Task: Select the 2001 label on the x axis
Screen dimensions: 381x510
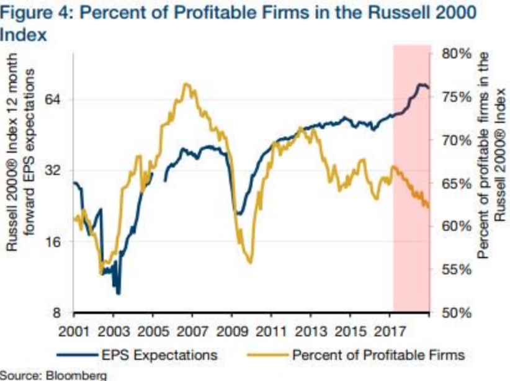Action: click(x=74, y=329)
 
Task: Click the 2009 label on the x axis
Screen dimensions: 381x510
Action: click(x=232, y=329)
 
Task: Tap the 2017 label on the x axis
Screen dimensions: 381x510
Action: click(x=390, y=329)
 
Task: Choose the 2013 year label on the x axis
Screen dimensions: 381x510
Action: click(x=311, y=329)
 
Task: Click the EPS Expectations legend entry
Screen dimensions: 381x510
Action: click(x=159, y=355)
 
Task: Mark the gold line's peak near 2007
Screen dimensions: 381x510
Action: click(x=185, y=84)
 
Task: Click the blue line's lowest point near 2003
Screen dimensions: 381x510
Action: click(x=118, y=293)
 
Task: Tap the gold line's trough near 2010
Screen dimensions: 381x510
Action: click(x=250, y=262)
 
